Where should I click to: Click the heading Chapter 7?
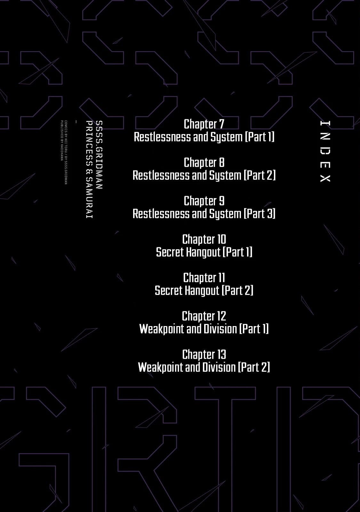point(204,124)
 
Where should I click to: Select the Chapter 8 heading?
point(204,163)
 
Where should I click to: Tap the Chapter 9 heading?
point(204,201)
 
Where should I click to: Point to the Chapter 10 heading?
point(204,239)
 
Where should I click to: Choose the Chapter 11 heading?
point(204,278)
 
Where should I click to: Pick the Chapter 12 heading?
point(204,316)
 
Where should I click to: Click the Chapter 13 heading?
point(204,355)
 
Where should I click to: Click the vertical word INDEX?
point(325,151)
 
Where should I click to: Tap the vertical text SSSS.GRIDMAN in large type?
point(99,155)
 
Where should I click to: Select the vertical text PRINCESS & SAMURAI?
point(89,169)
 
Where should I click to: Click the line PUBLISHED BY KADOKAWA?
point(62,140)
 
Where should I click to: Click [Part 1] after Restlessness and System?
point(260,137)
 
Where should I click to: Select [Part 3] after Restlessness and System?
point(260,214)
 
